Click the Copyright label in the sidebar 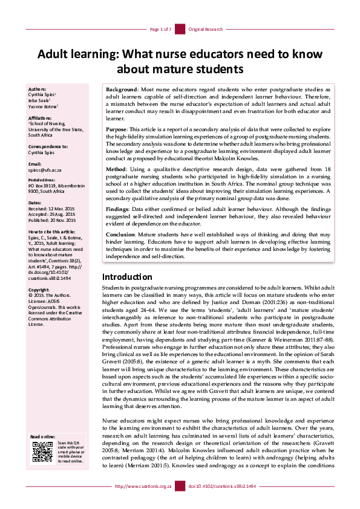39,290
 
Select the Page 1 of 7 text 161,29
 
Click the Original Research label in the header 206,29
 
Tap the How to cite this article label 53,232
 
